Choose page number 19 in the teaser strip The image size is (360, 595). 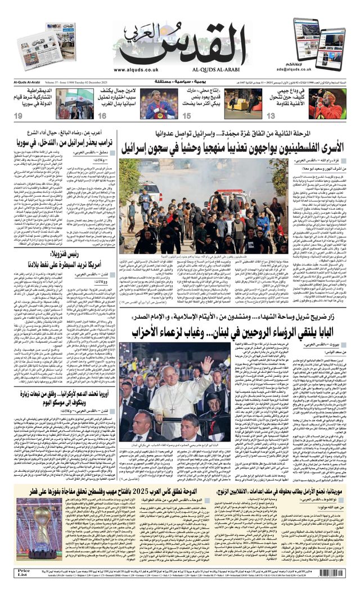pyautogui.click(x=18, y=115)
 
